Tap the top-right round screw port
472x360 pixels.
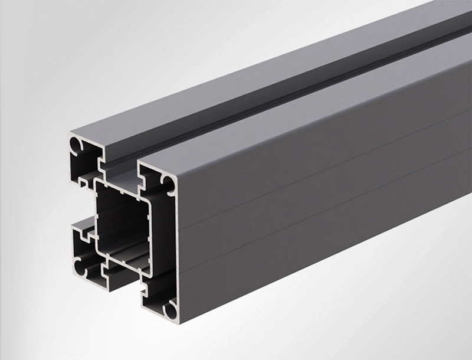coord(168,184)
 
